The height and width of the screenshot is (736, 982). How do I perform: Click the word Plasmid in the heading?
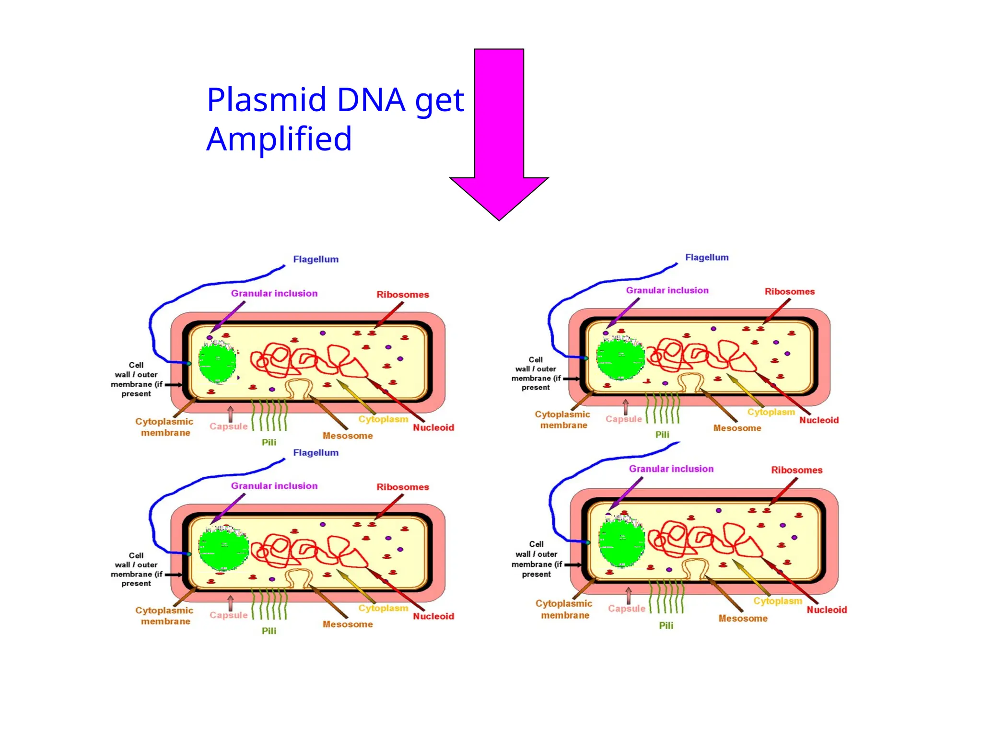pyautogui.click(x=267, y=100)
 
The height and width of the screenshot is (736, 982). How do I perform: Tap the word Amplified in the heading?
pyautogui.click(x=279, y=139)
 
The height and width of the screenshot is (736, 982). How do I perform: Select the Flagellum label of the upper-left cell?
pyautogui.click(x=316, y=259)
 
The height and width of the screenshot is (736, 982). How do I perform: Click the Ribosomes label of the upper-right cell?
pyautogui.click(x=789, y=291)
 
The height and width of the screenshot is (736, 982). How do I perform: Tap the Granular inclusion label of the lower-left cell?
pyautogui.click(x=274, y=486)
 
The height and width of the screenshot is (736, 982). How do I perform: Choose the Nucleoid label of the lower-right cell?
pyautogui.click(x=827, y=609)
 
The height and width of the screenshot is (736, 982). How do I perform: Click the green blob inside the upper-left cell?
pyautogui.click(x=217, y=362)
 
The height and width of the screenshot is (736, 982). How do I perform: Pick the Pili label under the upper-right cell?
pyautogui.click(x=662, y=435)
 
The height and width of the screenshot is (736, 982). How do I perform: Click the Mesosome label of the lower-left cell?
pyautogui.click(x=348, y=624)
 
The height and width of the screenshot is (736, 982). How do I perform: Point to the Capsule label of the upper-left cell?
pyautogui.click(x=228, y=426)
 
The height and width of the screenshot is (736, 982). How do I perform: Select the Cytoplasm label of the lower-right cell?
pyautogui.click(x=777, y=601)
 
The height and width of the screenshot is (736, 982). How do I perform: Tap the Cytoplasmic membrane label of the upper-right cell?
pyautogui.click(x=563, y=419)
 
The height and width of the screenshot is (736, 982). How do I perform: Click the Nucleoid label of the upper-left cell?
pyautogui.click(x=433, y=427)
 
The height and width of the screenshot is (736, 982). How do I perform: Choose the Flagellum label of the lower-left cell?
pyautogui.click(x=316, y=453)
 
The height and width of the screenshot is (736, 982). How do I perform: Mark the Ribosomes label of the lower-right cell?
pyautogui.click(x=796, y=470)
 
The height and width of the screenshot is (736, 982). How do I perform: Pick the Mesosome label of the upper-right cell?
pyautogui.click(x=737, y=428)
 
